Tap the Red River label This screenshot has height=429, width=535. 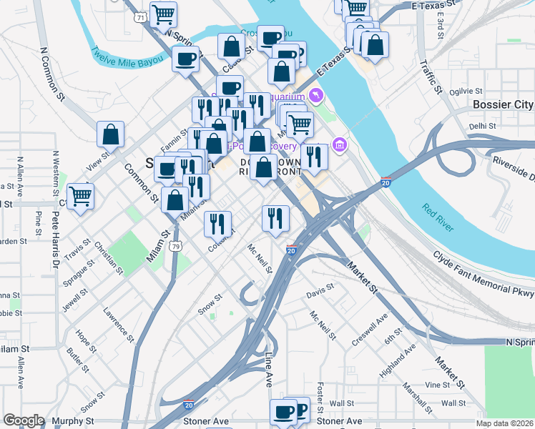438,217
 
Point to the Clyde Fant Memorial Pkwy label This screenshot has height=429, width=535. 484,272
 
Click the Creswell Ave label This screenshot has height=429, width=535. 370,329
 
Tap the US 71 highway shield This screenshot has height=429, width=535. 142,16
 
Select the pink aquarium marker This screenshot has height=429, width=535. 316,95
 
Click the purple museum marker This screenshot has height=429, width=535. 340,146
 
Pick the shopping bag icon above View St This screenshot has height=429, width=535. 111,134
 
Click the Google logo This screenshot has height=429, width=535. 23,420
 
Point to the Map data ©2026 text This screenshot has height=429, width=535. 504,423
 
